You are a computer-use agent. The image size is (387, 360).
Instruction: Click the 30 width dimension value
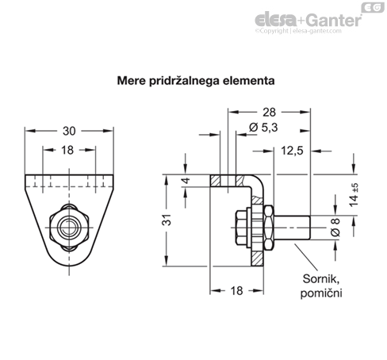point(69,131)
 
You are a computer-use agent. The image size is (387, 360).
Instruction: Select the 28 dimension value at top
point(269,113)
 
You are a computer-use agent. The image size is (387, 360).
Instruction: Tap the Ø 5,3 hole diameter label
point(263,128)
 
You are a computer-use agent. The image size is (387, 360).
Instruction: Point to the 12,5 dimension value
point(292,151)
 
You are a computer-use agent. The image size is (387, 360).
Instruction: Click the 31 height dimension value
point(167,220)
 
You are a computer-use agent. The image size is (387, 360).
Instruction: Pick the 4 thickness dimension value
point(186,181)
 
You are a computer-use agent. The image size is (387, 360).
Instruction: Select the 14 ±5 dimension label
point(354,195)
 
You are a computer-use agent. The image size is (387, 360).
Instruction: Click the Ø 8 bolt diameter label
point(335,228)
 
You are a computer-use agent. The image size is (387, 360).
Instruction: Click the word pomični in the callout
point(321,293)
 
